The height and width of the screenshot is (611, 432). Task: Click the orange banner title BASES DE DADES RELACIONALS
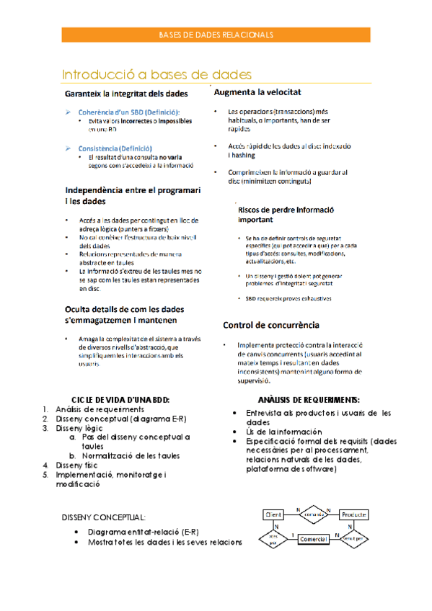(x=216, y=35)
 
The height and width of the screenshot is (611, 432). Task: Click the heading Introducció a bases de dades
(x=157, y=74)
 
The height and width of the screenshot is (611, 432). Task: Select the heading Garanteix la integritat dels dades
(x=126, y=94)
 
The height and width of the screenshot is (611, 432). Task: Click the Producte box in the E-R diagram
(x=354, y=514)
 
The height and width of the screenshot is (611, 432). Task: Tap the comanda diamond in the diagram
(x=314, y=514)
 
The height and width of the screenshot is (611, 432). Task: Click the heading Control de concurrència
(x=270, y=325)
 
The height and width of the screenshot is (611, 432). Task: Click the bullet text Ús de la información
(x=281, y=431)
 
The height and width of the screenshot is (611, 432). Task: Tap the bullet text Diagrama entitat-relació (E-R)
(x=143, y=532)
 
